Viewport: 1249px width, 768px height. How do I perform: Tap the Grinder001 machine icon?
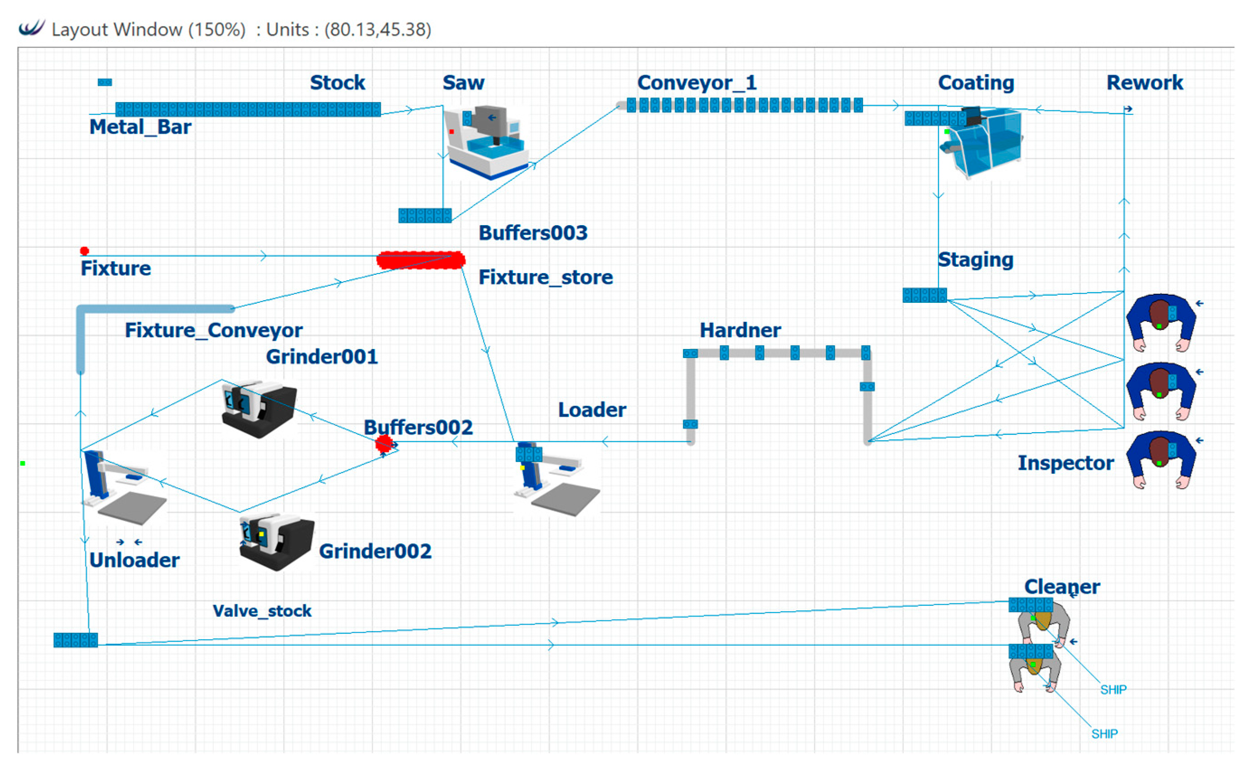tap(259, 410)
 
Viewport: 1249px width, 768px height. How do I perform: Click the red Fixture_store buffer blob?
tap(420, 260)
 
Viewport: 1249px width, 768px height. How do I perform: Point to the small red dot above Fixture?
tap(85, 251)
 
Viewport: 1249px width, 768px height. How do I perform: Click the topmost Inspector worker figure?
tap(1160, 323)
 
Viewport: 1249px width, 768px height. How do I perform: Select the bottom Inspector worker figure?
tap(1160, 460)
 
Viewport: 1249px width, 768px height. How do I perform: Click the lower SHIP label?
tap(1104, 734)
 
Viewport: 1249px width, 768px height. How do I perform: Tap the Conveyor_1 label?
tap(697, 83)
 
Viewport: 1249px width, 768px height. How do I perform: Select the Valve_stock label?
tap(262, 611)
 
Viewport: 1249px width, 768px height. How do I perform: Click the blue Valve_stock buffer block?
tap(75, 641)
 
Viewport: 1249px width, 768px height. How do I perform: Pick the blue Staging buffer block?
tap(924, 295)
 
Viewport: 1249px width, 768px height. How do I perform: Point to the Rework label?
tap(1145, 83)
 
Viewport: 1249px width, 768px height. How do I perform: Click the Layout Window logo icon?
tap(32, 28)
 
